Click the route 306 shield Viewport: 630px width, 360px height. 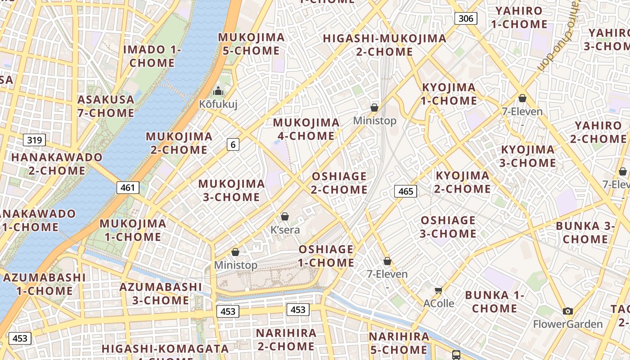466,18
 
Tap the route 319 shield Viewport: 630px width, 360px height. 34,140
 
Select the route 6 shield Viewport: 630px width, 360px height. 233,144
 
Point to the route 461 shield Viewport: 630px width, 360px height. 128,187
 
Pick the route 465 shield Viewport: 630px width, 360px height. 405,191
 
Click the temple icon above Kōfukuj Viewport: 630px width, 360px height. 218,91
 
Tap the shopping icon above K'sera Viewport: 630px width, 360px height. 284,216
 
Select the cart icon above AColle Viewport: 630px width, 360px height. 439,290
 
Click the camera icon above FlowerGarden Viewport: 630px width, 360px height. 568,311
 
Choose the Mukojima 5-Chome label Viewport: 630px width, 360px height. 252,44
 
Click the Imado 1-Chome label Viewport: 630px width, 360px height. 152,56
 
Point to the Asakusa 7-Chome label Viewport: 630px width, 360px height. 106,106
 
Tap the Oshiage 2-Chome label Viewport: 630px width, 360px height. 340,183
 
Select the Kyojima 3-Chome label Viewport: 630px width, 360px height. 528,156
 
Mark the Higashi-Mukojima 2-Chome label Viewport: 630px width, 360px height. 385,45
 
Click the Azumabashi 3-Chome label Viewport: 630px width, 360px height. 161,293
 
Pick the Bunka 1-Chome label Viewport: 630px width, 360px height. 495,301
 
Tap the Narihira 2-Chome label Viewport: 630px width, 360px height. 286,340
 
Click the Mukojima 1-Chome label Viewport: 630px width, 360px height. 133,230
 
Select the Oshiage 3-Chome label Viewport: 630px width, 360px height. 448,227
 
